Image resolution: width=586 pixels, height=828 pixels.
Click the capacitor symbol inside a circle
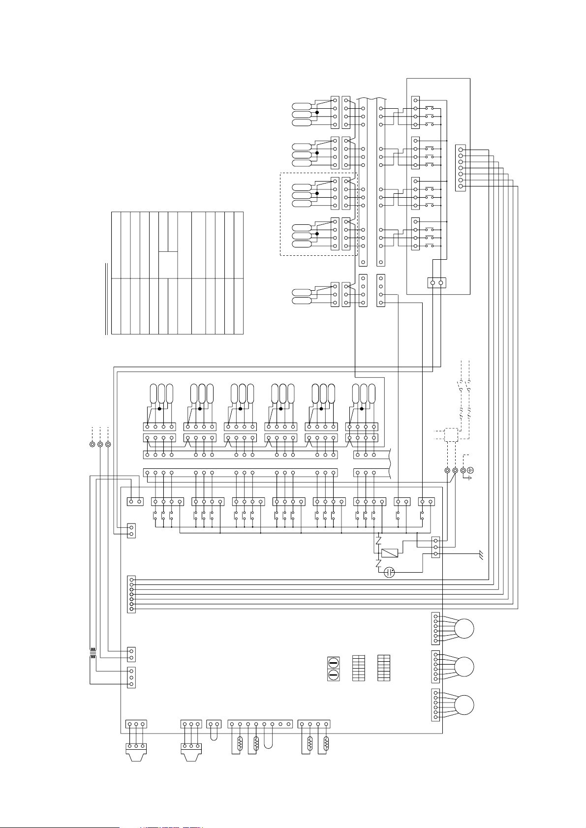click(x=389, y=572)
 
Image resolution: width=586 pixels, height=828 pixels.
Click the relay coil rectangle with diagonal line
click(x=389, y=553)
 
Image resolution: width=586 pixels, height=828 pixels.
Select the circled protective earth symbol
click(x=470, y=471)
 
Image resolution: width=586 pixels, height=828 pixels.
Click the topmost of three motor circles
click(x=464, y=629)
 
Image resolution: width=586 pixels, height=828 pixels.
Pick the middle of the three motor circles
click(x=464, y=667)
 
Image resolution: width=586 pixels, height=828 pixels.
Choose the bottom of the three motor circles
click(x=464, y=705)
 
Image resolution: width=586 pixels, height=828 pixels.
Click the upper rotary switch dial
click(x=333, y=662)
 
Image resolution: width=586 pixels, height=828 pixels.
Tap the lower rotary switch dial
click(x=333, y=675)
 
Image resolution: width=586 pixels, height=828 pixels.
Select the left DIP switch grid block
click(x=359, y=668)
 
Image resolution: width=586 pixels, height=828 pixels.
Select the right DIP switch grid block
click(x=384, y=668)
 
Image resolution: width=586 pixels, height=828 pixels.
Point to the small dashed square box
click(x=451, y=435)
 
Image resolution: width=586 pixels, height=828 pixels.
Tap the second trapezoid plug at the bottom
click(x=191, y=752)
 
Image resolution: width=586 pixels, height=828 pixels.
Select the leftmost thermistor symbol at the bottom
click(x=240, y=743)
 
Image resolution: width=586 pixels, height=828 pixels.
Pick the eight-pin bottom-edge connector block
click(x=260, y=724)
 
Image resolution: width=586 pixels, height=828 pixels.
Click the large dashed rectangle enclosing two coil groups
click(x=318, y=214)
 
